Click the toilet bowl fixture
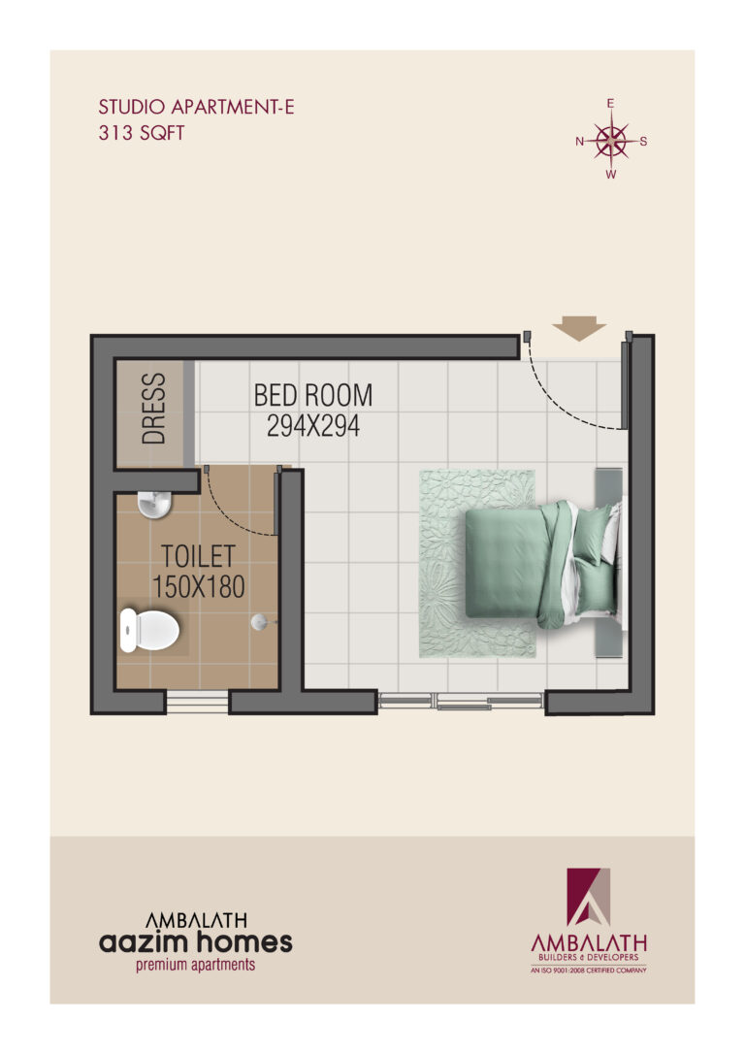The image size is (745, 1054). [x=148, y=630]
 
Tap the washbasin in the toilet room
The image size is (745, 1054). [x=154, y=505]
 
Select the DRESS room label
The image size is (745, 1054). [x=154, y=409]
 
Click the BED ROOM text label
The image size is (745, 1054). [x=313, y=395]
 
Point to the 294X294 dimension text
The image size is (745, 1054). [x=313, y=425]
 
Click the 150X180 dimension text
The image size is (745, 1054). [x=198, y=587]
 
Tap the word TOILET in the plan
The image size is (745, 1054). [x=198, y=556]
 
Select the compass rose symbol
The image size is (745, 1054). [x=610, y=141]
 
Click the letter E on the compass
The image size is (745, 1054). [x=610, y=104]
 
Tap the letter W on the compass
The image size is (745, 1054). [x=610, y=175]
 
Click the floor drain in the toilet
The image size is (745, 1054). [x=260, y=622]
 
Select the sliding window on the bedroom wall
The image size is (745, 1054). [x=461, y=701]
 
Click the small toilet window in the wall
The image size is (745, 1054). [x=198, y=702]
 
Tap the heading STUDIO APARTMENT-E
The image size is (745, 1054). [x=196, y=107]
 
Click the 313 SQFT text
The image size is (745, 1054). [x=141, y=132]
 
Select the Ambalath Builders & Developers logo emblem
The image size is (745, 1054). [x=589, y=897]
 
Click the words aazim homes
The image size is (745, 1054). [x=196, y=942]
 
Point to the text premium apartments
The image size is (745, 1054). [x=196, y=966]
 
